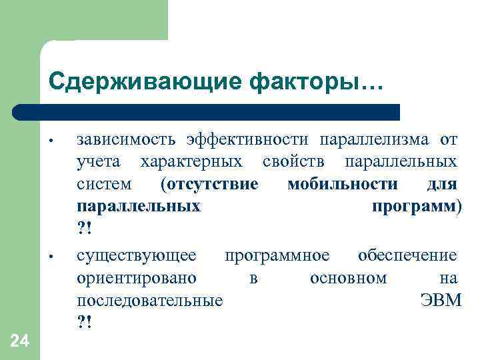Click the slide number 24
(x=20, y=341)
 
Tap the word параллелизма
(x=375, y=139)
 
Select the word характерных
(x=192, y=161)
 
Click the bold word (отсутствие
(x=209, y=184)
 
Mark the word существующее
(x=137, y=255)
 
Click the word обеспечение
(x=407, y=255)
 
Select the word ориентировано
(x=137, y=278)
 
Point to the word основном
(x=348, y=278)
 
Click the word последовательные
(x=150, y=301)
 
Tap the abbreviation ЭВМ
(x=441, y=301)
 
